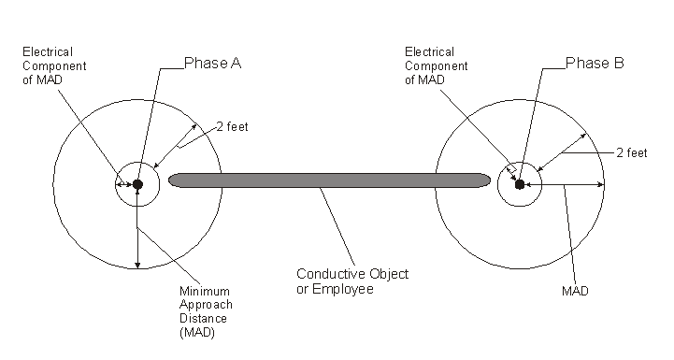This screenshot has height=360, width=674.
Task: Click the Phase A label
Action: pyautogui.click(x=214, y=64)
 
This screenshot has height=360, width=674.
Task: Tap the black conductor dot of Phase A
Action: pyautogui.click(x=137, y=184)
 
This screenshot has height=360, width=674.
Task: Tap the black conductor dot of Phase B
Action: pyautogui.click(x=520, y=184)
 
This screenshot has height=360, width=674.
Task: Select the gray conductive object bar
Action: pyautogui.click(x=327, y=180)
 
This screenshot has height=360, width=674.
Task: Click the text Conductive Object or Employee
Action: pyautogui.click(x=351, y=281)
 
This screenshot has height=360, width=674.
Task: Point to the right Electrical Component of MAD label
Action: pyautogui.click(x=430, y=66)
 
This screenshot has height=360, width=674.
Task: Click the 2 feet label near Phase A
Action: pyautogui.click(x=233, y=126)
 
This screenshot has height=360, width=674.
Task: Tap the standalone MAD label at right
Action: pyautogui.click(x=575, y=292)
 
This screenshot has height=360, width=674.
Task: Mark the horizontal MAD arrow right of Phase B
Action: pyautogui.click(x=565, y=185)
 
